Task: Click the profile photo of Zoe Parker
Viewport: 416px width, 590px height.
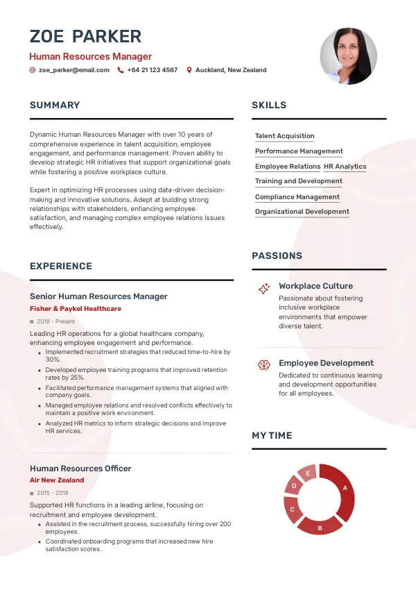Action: pyautogui.click(x=348, y=56)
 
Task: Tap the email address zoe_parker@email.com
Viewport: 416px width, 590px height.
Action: pyautogui.click(x=73, y=70)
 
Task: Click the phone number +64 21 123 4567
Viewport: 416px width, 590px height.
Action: pyautogui.click(x=152, y=70)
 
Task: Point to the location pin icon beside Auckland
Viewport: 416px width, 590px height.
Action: pyautogui.click(x=189, y=70)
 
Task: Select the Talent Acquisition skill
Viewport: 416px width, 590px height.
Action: pyautogui.click(x=284, y=136)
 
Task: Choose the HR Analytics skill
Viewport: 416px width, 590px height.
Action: pyautogui.click(x=345, y=167)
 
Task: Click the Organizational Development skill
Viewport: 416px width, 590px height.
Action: pyautogui.click(x=302, y=212)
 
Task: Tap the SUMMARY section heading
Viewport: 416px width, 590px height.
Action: pyautogui.click(x=55, y=106)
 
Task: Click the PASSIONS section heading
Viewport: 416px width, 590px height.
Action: pyautogui.click(x=277, y=256)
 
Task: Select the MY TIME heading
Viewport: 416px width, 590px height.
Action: pyautogui.click(x=272, y=436)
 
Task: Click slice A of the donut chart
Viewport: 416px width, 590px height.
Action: pyautogui.click(x=344, y=489)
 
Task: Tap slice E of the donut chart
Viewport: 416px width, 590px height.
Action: pyautogui.click(x=307, y=473)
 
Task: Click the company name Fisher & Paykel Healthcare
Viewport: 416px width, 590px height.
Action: pyautogui.click(x=75, y=309)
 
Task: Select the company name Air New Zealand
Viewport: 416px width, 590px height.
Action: pyautogui.click(x=57, y=480)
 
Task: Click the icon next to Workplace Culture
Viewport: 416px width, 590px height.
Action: pyautogui.click(x=263, y=289)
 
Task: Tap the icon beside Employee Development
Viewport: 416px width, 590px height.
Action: pyautogui.click(x=263, y=364)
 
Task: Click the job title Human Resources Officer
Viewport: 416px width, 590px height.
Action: pyautogui.click(x=80, y=469)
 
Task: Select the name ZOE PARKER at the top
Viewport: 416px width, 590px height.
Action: pyautogui.click(x=85, y=36)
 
